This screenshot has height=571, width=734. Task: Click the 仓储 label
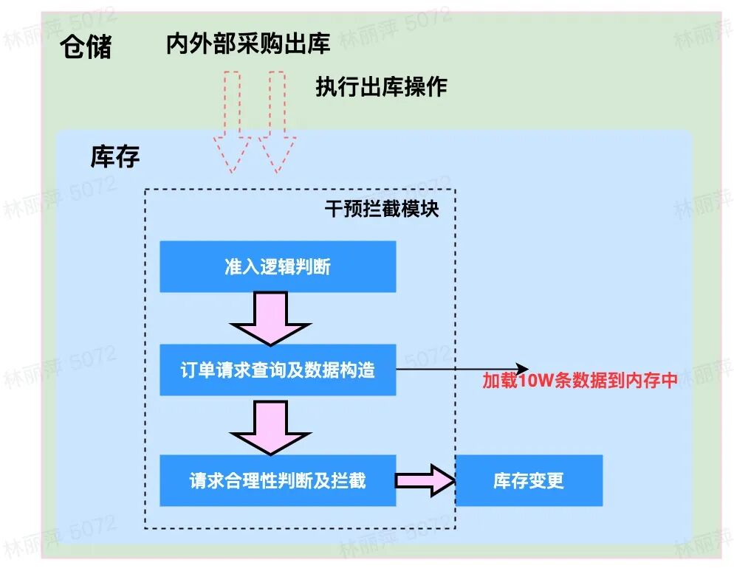86,48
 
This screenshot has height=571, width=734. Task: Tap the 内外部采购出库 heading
248,44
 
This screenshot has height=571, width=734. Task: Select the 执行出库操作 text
381,86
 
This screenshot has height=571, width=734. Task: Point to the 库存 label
115,156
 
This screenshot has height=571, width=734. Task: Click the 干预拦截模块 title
382,210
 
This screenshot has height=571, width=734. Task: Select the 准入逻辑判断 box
278,266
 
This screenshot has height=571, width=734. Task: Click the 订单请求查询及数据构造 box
278,370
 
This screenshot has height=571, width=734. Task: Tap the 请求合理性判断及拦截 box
278,480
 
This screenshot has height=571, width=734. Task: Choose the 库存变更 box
529,480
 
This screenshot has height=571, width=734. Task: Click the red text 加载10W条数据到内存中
580,381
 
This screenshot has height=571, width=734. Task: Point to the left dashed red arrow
230,122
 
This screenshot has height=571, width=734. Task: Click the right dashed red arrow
276,122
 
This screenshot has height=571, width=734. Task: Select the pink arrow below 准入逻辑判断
271,318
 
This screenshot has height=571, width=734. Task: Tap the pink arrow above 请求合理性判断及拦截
271,427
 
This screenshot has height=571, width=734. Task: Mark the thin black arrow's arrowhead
523,369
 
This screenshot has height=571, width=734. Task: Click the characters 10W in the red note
531,381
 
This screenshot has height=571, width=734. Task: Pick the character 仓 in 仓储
74,48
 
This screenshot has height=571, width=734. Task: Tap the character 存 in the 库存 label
127,156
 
